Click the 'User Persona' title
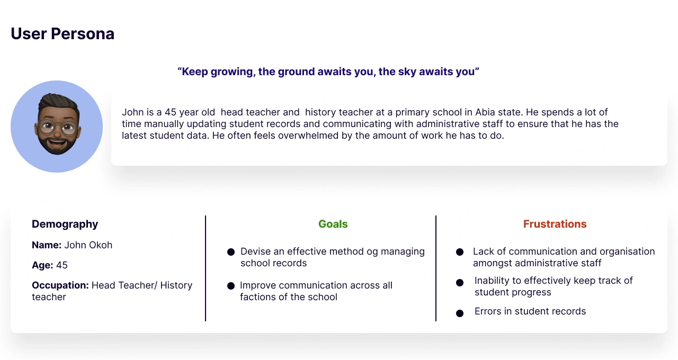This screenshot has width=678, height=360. coord(63,33)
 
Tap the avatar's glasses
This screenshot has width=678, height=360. coord(58,128)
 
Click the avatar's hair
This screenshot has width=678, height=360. coord(59,102)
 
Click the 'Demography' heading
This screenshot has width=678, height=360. coord(65,224)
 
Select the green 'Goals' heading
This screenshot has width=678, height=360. coord(333,224)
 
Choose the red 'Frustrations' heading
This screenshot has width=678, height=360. coord(555,224)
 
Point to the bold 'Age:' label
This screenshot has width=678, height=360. coord(42,265)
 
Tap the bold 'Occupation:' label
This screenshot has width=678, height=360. coord(60,285)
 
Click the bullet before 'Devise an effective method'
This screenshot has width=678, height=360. coord(231,252)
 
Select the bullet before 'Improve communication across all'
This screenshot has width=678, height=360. coord(231,286)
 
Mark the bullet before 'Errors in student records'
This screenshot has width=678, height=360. coord(460,313)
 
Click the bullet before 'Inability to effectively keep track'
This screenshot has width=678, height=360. coord(460,283)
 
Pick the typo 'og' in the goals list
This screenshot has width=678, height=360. coord(372,252)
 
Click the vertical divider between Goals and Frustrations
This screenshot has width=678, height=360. coord(436,268)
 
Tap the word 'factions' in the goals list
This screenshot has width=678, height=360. coord(258,297)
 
